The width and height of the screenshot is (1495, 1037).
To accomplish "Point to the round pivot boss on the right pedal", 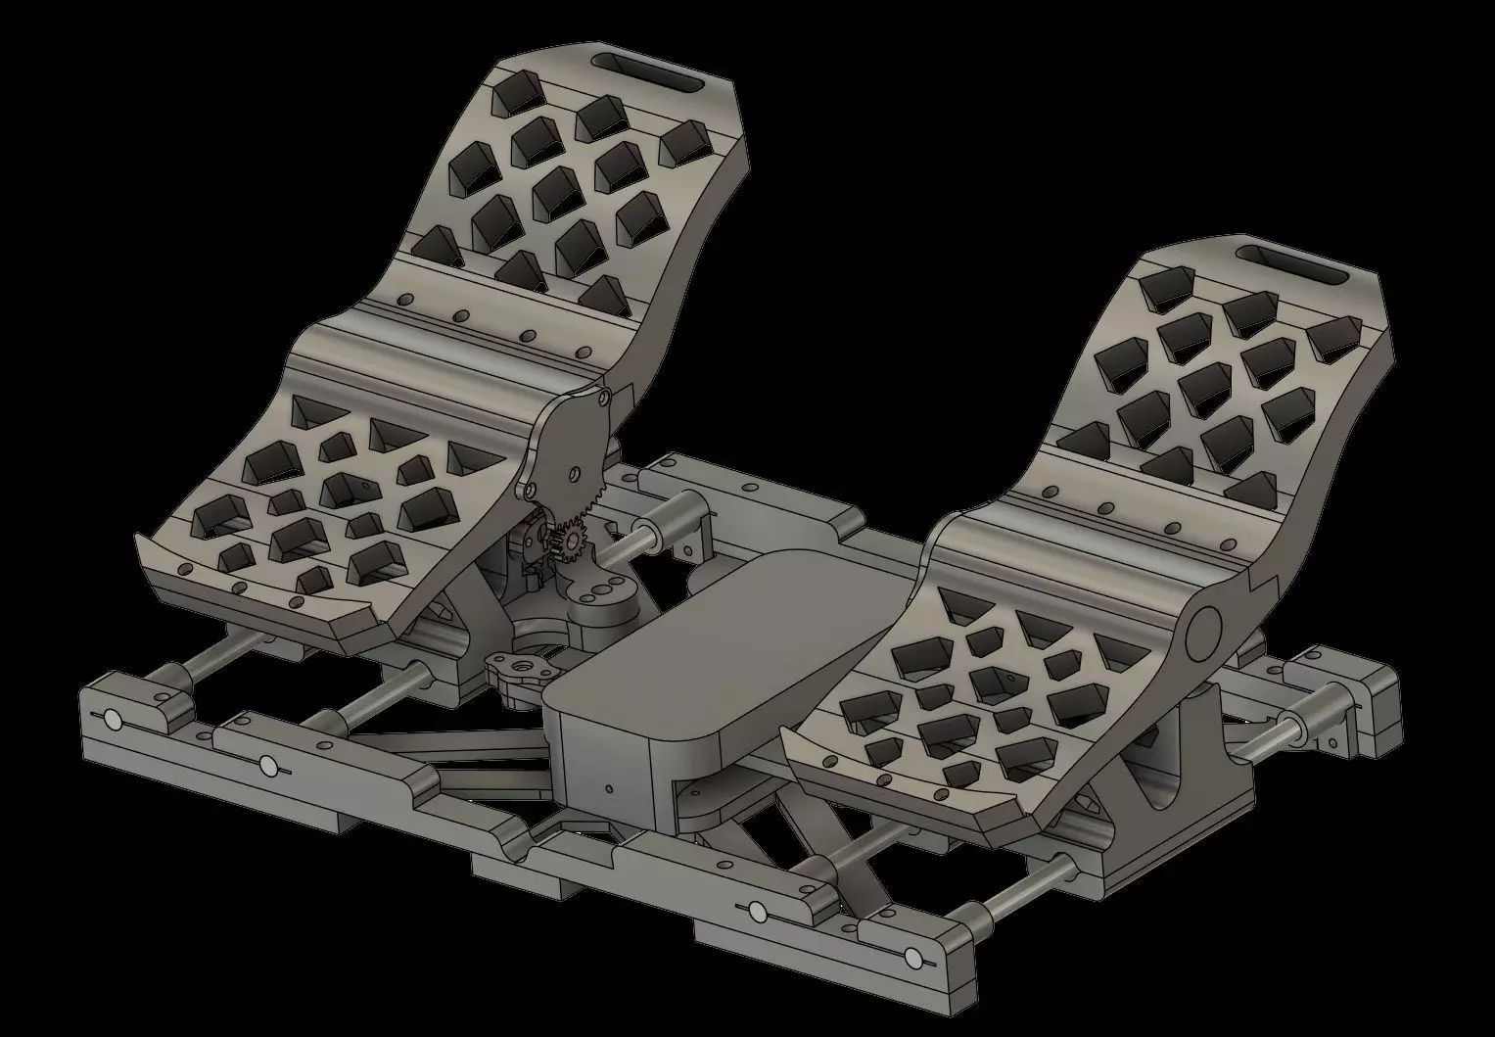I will point(1200,635).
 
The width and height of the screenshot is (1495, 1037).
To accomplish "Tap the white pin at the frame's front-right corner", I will point(913,956).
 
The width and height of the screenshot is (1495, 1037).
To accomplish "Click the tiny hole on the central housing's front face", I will point(609,787).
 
